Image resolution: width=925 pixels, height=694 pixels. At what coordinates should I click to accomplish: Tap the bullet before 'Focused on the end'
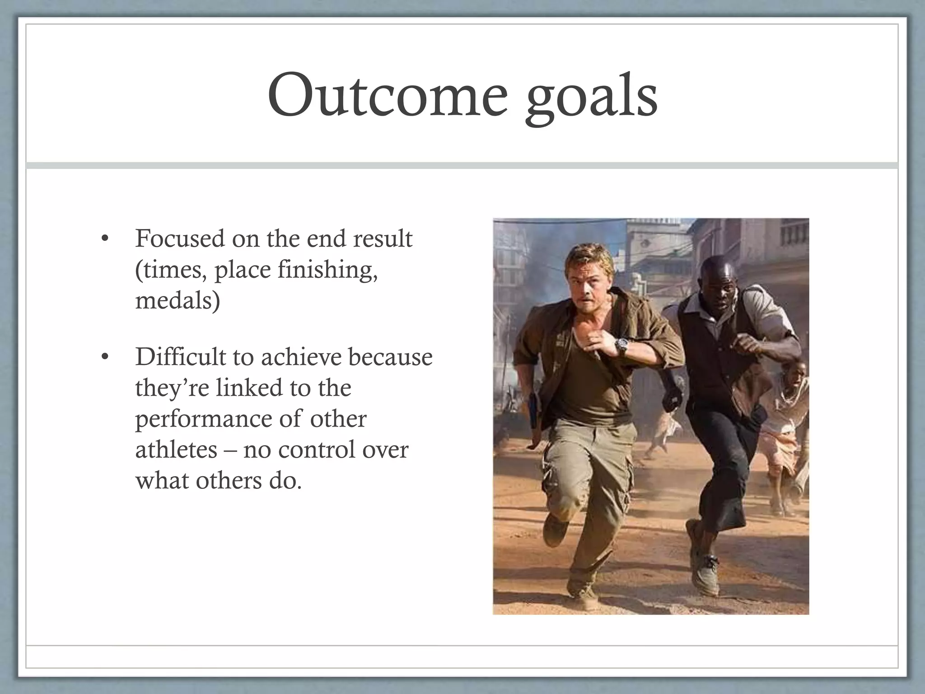click(x=104, y=239)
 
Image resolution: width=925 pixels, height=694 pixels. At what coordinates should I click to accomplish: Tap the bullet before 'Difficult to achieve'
click(x=104, y=358)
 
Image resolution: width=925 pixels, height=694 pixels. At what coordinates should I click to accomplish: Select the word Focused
click(x=179, y=239)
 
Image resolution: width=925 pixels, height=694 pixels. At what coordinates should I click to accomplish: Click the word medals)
click(x=178, y=300)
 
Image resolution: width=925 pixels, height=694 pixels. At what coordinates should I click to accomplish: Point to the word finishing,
click(x=328, y=270)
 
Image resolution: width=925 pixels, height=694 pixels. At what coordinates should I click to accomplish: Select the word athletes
click(x=176, y=450)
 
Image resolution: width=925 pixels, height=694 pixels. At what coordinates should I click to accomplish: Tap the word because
click(x=390, y=357)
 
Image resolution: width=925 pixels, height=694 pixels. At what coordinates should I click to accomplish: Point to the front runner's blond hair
click(x=583, y=258)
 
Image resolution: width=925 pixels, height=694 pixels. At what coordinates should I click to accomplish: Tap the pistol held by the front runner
click(x=534, y=411)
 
